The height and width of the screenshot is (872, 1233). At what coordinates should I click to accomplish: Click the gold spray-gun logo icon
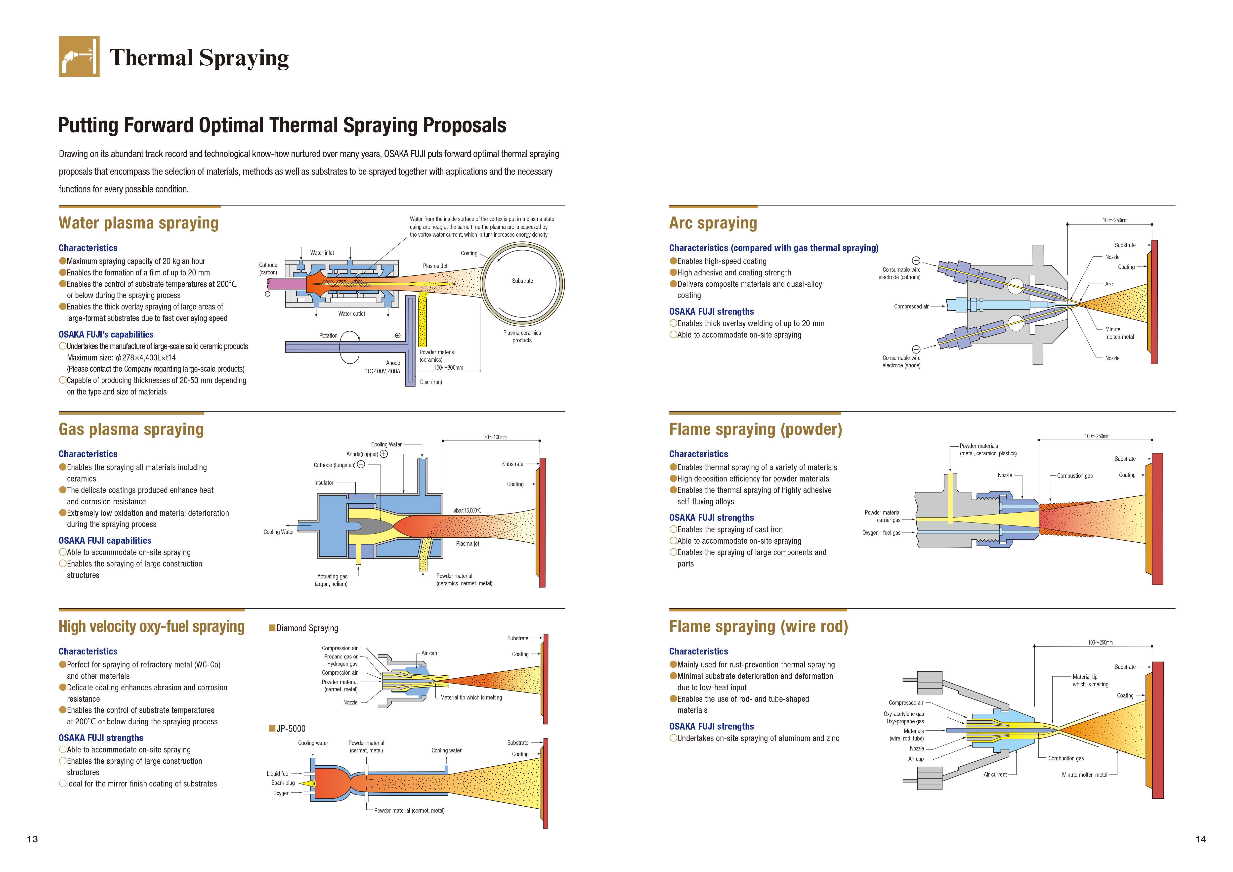coord(79,56)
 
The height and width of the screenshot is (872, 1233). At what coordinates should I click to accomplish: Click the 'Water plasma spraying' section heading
coord(138,223)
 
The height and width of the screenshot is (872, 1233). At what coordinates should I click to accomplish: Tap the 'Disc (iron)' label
coord(431,382)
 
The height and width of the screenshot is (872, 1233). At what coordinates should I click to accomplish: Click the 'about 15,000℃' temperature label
coord(467,511)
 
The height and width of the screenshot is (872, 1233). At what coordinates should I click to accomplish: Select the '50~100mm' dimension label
coord(495,437)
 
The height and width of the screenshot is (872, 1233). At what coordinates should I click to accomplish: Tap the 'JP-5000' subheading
coord(291,729)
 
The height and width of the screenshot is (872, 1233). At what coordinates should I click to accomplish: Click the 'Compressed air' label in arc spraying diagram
coord(911,306)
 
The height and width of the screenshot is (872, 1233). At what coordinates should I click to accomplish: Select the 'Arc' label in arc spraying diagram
coord(1108,284)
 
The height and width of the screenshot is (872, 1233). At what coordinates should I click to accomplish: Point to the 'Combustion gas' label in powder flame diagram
coord(1075,476)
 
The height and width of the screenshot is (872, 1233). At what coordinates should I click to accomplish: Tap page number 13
coord(32,839)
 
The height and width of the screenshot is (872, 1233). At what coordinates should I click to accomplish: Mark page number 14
coord(1200,839)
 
